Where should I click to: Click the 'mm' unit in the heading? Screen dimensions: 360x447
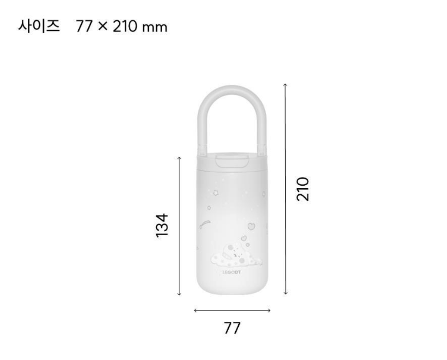[x=153, y=27]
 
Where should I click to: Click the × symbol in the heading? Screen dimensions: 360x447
[x=101, y=27]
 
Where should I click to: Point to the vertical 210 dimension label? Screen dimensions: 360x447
[x=303, y=189]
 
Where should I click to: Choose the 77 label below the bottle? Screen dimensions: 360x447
[x=232, y=328]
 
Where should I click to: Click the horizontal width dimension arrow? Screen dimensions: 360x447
[x=232, y=310]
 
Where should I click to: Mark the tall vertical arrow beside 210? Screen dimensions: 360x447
[x=285, y=189]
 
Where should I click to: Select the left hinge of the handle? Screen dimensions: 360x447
[x=203, y=150]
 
